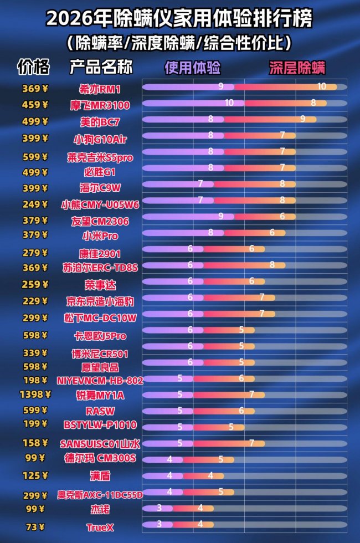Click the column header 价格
tap(33, 67)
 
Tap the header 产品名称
tap(101, 67)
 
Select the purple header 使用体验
tap(192, 68)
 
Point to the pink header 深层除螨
tap(297, 68)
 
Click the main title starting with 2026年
tap(179, 19)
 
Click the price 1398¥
tap(35, 395)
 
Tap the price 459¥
tap(35, 104)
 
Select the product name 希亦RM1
tap(100, 89)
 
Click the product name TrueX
tap(100, 527)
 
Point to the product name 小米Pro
tap(100, 236)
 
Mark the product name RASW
tap(100, 411)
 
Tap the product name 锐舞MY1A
tap(100, 395)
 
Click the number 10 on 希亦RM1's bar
tap(322, 86)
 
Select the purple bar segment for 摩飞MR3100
tap(188, 103)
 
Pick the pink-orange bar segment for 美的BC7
tap(270, 119)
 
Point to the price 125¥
tap(35, 476)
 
